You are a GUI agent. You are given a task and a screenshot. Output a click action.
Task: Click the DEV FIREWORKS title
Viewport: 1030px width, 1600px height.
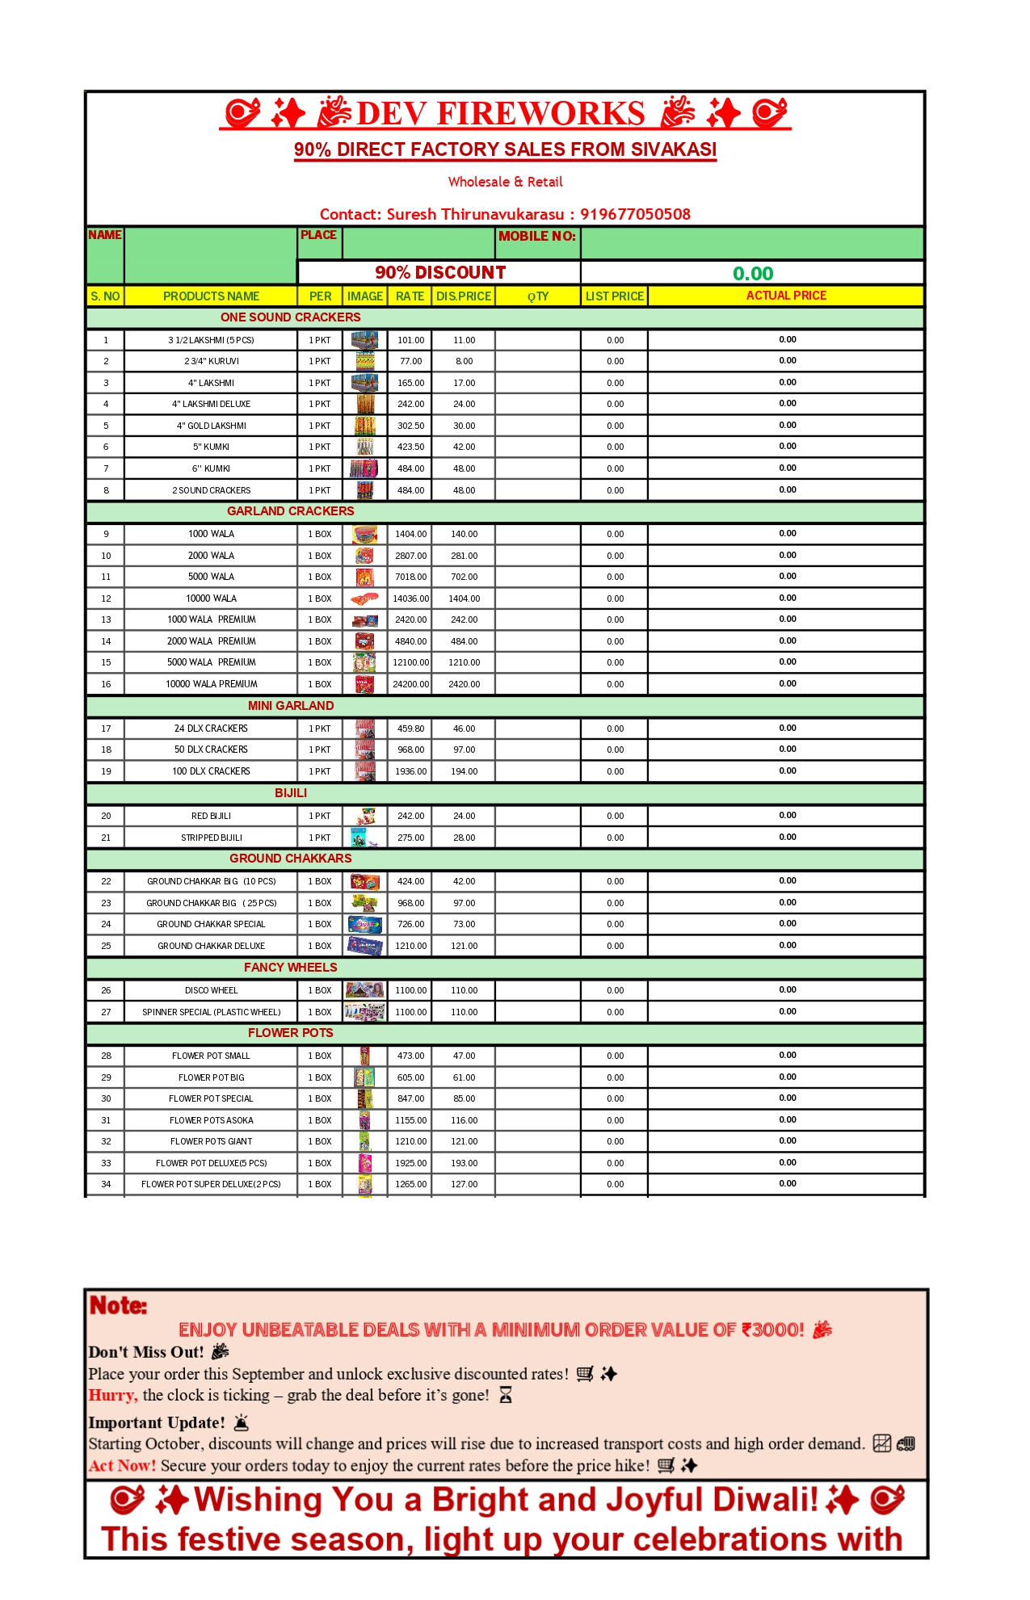coord(501,114)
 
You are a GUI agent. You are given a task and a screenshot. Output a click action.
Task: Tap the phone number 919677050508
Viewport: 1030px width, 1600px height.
coord(635,214)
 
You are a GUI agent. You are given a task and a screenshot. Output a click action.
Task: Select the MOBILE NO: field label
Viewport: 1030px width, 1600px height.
coord(537,236)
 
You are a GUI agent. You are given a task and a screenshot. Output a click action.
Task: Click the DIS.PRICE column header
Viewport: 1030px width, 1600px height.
coord(464,296)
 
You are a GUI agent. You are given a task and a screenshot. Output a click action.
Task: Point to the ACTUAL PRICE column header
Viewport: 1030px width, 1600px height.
coord(786,296)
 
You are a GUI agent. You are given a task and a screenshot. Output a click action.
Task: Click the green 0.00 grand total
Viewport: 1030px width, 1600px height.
coord(753,274)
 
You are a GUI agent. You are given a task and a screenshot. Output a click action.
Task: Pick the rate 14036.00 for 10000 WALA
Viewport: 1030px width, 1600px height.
coord(410,598)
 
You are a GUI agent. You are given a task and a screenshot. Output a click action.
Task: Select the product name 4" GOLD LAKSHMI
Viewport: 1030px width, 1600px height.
coord(212,426)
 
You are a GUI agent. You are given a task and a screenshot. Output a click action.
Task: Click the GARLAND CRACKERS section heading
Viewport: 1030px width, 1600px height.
coord(290,511)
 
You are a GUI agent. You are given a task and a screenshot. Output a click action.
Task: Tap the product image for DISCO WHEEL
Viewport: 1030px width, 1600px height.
coord(365,990)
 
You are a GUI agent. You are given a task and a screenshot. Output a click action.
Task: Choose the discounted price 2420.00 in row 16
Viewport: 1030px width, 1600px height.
coord(465,684)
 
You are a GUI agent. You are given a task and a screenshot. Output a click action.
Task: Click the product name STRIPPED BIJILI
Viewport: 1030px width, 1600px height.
coord(212,838)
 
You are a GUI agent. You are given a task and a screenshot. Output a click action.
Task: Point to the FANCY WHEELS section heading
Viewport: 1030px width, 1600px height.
coord(290,968)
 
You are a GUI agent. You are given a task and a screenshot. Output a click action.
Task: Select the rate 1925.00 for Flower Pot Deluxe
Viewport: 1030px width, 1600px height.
coord(410,1163)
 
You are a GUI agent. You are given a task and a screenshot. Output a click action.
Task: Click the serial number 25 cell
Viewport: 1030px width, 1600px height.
coord(106,946)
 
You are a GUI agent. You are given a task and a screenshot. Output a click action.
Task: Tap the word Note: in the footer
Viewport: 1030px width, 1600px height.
coord(118,1306)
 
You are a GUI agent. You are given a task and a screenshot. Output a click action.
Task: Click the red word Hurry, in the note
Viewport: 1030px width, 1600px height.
coord(113,1396)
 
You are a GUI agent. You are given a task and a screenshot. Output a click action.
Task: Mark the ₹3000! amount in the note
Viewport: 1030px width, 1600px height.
coord(773,1330)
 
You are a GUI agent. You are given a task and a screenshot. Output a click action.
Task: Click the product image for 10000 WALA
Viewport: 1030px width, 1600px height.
coord(365,598)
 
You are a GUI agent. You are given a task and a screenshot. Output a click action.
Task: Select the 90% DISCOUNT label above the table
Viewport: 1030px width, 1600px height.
coord(440,273)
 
